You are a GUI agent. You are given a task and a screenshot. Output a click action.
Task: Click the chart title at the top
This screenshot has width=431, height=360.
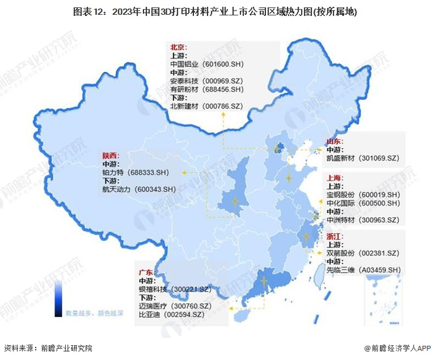point(215,12)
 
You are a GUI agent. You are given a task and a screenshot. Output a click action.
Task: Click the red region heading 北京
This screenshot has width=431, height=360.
point(179,47)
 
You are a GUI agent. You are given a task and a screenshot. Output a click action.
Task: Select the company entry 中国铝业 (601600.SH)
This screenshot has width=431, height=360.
point(207,63)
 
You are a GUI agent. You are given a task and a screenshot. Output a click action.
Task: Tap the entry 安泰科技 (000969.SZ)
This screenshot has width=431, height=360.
point(207,81)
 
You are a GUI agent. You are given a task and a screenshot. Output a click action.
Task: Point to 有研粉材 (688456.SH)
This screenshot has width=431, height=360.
point(207,89)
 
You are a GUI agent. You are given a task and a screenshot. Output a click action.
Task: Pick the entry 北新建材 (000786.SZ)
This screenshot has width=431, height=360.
point(207,106)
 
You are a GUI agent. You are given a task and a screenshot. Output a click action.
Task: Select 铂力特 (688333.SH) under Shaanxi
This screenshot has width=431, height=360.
point(139,174)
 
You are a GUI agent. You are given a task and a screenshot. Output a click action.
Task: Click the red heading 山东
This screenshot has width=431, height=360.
point(335,141)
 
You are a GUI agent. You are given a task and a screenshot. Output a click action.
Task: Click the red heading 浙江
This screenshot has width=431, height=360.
point(335,236)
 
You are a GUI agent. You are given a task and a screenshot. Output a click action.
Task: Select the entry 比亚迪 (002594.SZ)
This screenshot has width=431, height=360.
point(171,314)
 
